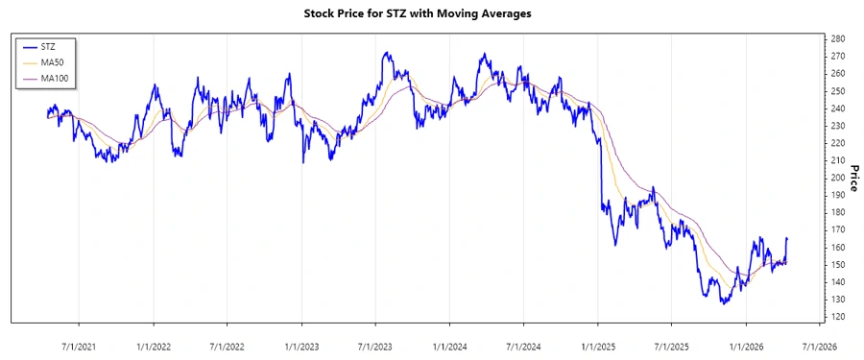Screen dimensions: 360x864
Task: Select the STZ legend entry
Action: (x=48, y=46)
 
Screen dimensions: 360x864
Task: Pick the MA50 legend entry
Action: (x=52, y=61)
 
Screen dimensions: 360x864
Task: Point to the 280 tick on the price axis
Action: (x=839, y=38)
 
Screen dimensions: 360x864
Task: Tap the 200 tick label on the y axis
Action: (x=839, y=178)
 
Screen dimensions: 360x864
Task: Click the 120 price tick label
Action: (x=839, y=317)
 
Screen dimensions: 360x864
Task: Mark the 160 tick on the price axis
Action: (x=839, y=248)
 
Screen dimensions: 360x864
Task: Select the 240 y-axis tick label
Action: (x=839, y=108)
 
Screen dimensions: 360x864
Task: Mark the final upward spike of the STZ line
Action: (x=787, y=239)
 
